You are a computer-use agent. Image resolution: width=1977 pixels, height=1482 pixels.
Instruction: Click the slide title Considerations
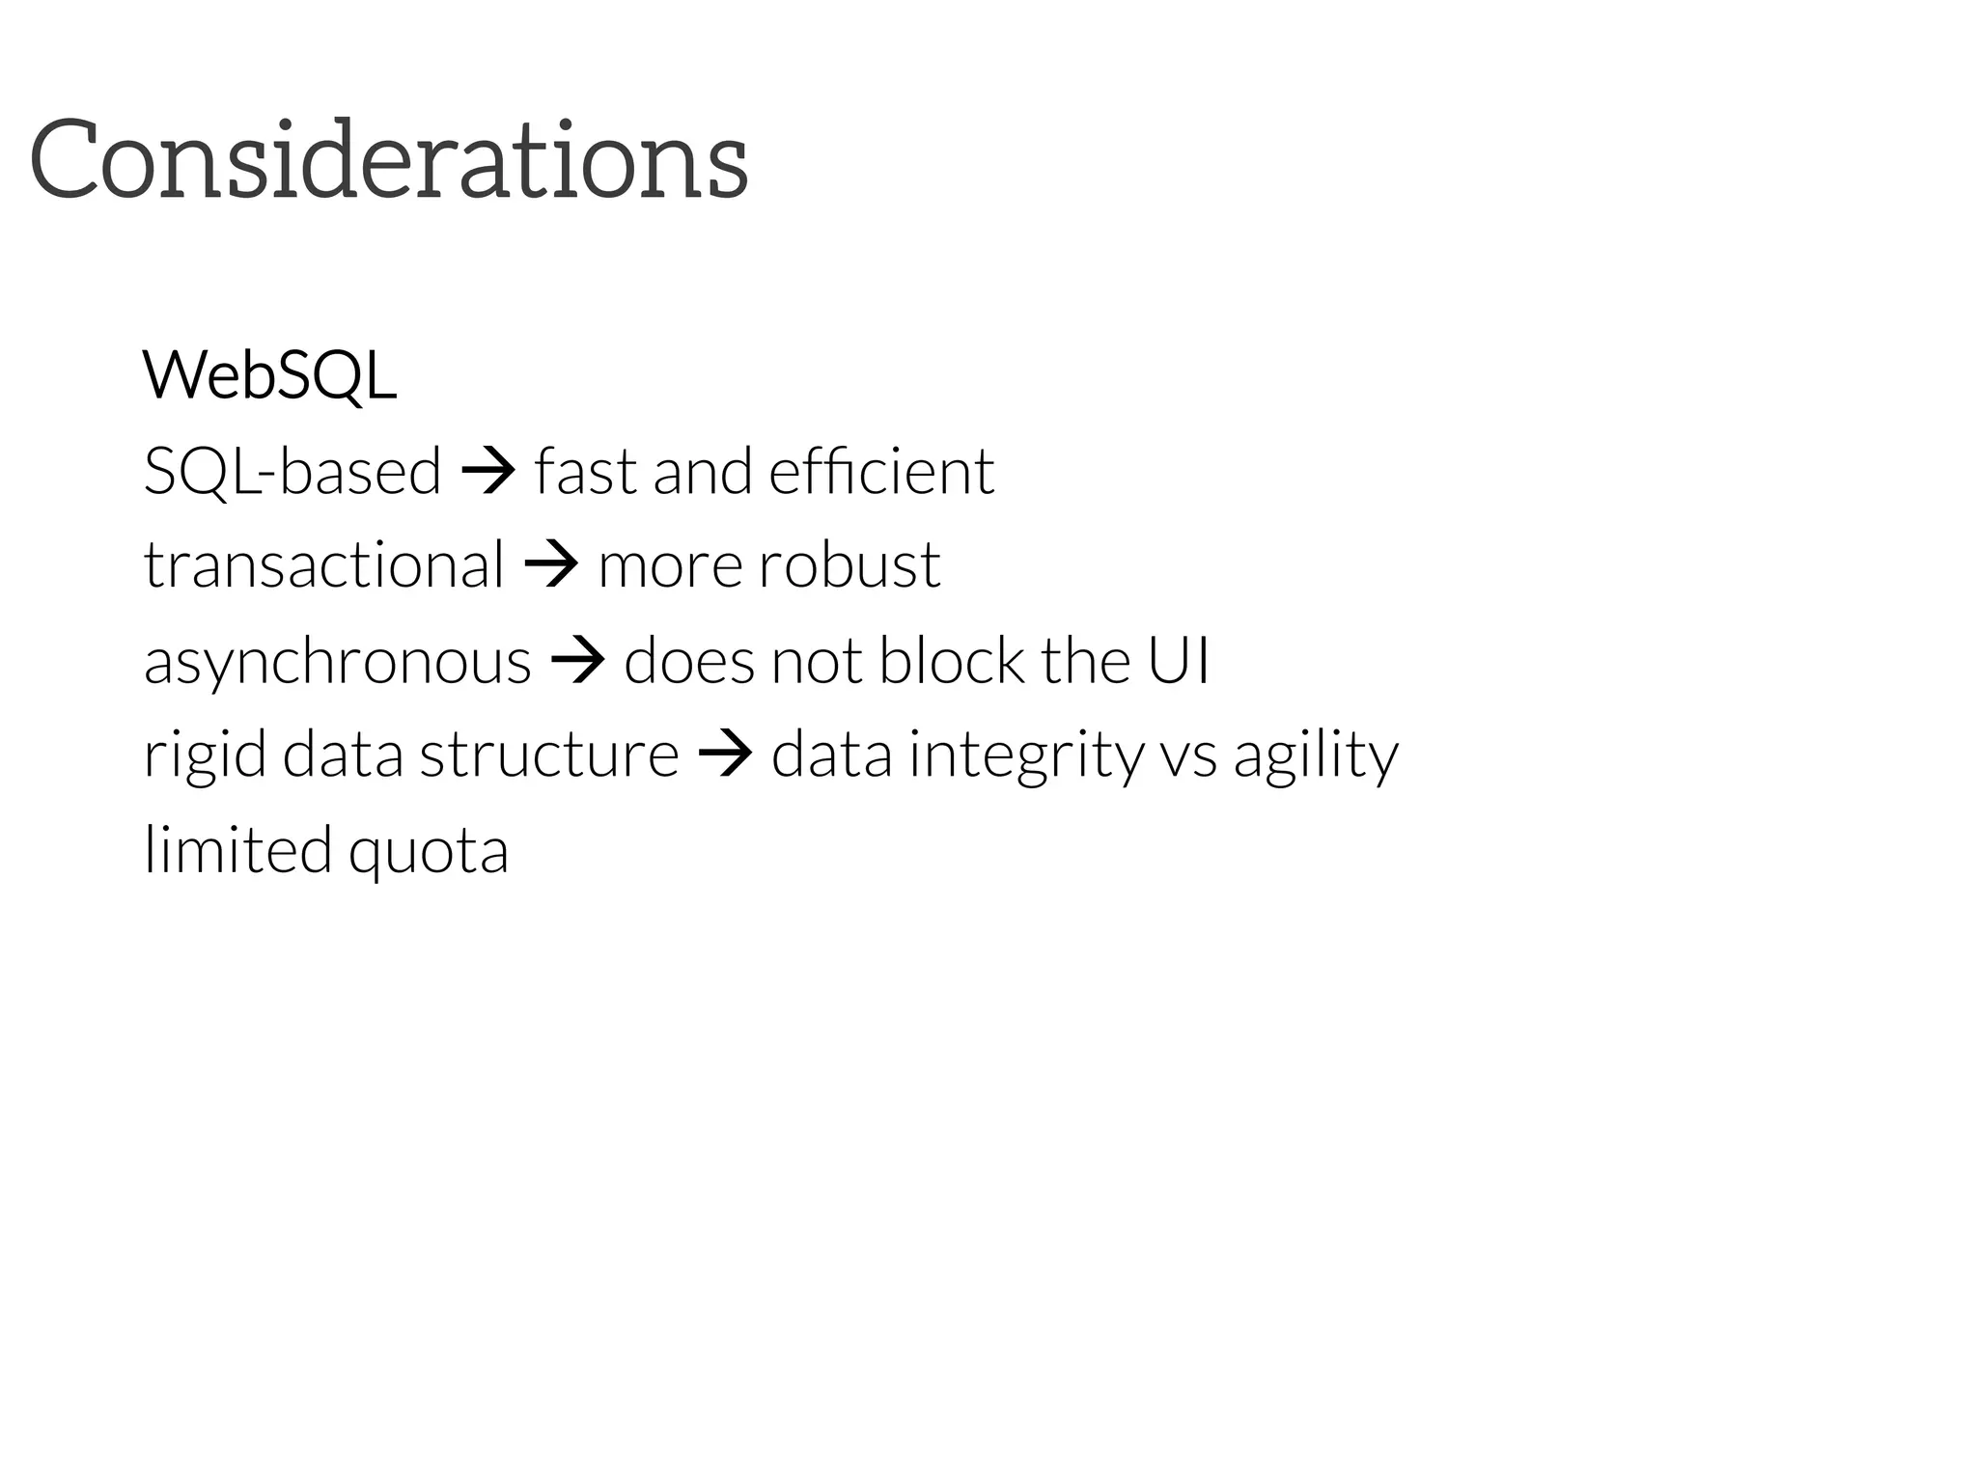pyautogui.click(x=389, y=159)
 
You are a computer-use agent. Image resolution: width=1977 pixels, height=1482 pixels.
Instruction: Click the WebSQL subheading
pyautogui.click(x=269, y=375)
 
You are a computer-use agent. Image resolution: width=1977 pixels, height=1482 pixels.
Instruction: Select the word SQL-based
pyautogui.click(x=292, y=472)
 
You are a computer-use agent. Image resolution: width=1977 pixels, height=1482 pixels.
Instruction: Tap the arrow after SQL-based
pyautogui.click(x=488, y=472)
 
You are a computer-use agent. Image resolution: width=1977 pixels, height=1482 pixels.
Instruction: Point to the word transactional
pyautogui.click(x=323, y=564)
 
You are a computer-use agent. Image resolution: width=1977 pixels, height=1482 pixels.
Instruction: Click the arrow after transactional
pyautogui.click(x=551, y=564)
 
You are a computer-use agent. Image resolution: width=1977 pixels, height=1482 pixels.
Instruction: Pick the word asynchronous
pyautogui.click(x=338, y=662)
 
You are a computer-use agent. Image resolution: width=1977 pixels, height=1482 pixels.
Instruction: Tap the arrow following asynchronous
pyautogui.click(x=577, y=662)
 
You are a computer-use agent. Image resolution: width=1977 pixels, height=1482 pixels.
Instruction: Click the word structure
pyautogui.click(x=549, y=755)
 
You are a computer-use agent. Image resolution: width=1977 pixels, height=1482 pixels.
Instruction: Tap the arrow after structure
pyautogui.click(x=724, y=755)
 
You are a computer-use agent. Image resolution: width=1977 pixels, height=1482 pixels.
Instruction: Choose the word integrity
pyautogui.click(x=1026, y=755)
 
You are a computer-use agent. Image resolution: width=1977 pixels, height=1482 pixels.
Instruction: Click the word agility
pyautogui.click(x=1316, y=755)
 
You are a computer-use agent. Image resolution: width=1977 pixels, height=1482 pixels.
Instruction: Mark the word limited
pyautogui.click(x=237, y=849)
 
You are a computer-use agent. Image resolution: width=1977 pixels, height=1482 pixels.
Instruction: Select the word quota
pyautogui.click(x=428, y=851)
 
